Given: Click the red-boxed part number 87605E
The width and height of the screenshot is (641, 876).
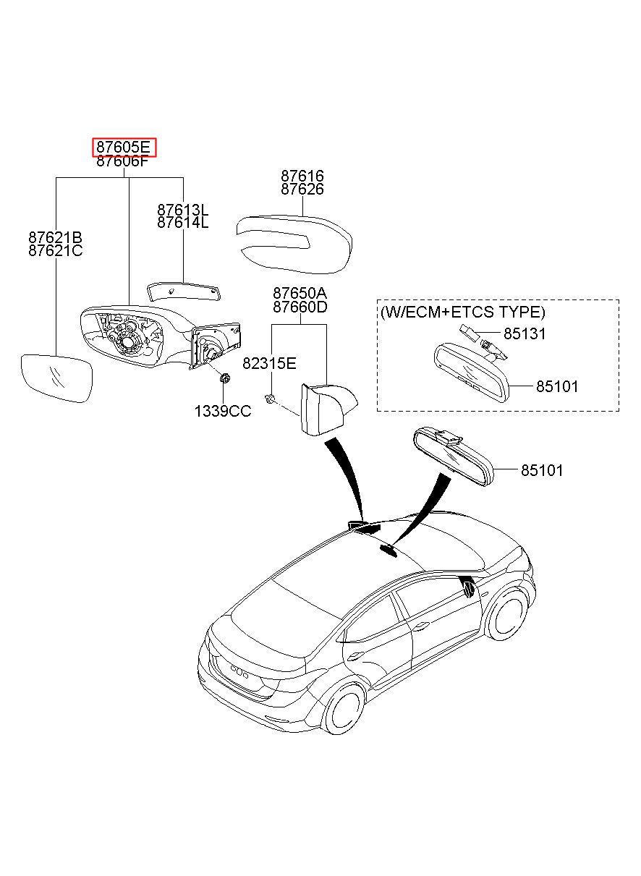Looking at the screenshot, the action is tap(124, 147).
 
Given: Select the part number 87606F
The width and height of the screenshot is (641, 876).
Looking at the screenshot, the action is tap(123, 161).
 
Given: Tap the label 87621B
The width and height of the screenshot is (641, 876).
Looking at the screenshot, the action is tap(55, 237).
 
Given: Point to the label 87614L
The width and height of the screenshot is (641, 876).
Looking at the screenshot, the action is tap(183, 223).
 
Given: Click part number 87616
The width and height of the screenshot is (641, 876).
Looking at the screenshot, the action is tap(302, 176).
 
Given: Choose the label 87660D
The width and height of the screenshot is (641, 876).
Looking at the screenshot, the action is tap(300, 307).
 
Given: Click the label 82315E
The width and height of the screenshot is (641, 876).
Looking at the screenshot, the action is tap(269, 364).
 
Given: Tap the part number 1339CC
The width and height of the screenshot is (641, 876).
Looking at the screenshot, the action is tap(223, 411).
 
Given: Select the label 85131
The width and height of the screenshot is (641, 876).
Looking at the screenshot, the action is tap(525, 333).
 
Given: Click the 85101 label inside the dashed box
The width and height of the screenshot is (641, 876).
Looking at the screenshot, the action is tap(557, 386).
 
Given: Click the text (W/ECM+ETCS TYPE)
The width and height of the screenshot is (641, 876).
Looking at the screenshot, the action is tap(462, 312).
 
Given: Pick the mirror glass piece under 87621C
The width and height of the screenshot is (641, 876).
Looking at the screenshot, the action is tap(56, 378).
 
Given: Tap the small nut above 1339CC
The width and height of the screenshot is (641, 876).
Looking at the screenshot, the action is tap(225, 378).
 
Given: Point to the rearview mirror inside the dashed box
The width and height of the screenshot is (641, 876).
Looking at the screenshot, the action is tap(472, 371).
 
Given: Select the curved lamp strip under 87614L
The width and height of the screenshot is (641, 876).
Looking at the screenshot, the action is tap(184, 291).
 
